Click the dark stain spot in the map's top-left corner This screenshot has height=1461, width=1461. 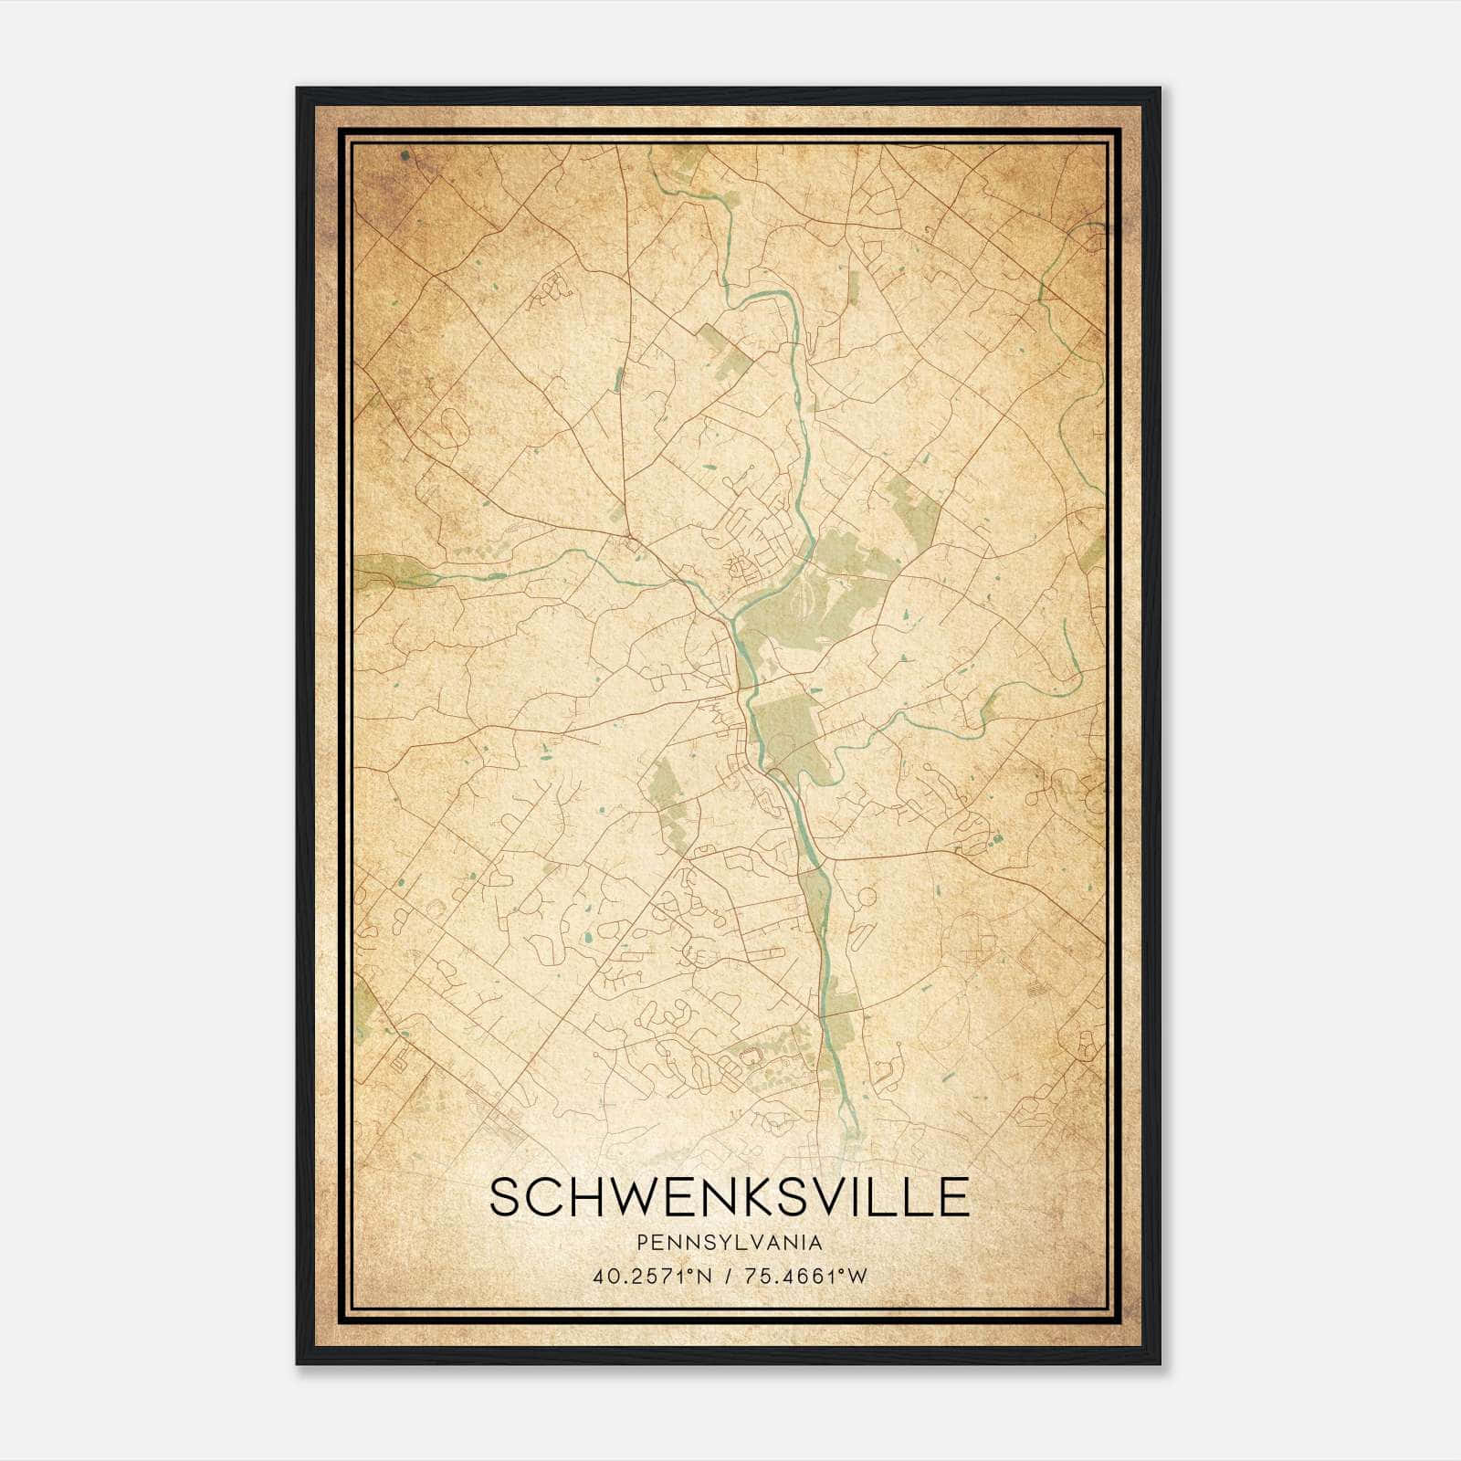click(x=405, y=157)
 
